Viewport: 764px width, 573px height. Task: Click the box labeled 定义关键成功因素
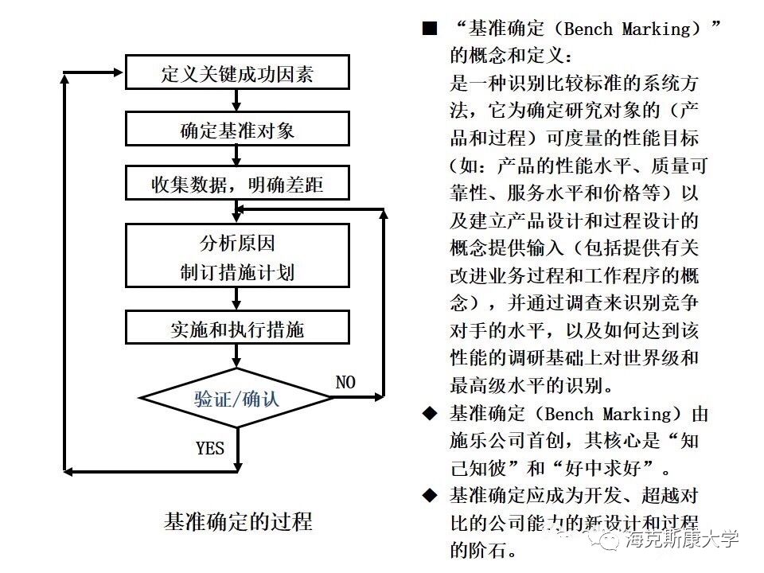coord(237,72)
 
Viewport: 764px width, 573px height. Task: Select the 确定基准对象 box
coord(237,129)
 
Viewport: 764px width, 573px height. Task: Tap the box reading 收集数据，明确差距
coord(237,184)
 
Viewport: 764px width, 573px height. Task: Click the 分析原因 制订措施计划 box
coord(237,255)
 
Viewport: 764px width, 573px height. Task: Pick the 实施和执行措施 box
coord(237,328)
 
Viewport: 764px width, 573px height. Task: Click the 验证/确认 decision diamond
coord(237,397)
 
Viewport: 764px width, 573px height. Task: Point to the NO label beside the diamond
coord(345,382)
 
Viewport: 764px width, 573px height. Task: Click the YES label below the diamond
coord(210,447)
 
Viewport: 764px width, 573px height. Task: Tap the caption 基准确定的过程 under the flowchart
coord(238,521)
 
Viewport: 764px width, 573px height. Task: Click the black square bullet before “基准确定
coord(431,29)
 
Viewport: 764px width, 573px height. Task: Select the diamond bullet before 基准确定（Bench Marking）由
coord(431,413)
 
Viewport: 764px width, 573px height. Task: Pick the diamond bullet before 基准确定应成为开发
coord(431,495)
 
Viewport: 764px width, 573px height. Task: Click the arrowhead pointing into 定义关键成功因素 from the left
coord(119,72)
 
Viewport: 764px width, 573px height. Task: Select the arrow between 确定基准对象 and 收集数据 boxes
coord(237,156)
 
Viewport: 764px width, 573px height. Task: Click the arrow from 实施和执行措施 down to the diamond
coord(237,357)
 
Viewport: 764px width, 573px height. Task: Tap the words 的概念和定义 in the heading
coord(509,56)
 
